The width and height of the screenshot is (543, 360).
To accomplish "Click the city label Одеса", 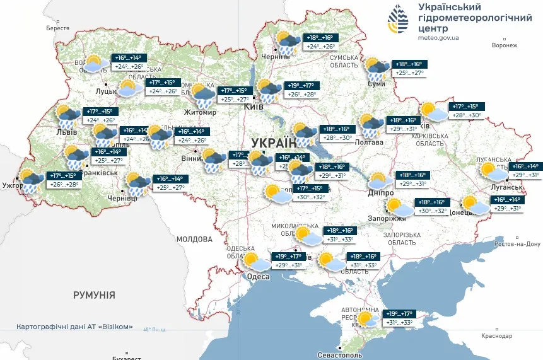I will point(259,276).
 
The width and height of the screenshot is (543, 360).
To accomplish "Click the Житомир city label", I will point(200,113).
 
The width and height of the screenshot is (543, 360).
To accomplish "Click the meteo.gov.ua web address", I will point(438,38).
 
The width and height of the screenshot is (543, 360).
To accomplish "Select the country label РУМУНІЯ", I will point(94,294).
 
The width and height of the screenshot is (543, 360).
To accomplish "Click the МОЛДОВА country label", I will point(194,239).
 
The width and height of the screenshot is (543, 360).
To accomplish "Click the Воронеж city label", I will point(505,45).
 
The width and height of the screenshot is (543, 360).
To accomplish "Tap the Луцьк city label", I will point(105,91).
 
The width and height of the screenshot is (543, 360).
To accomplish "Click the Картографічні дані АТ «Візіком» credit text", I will point(75,327).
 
